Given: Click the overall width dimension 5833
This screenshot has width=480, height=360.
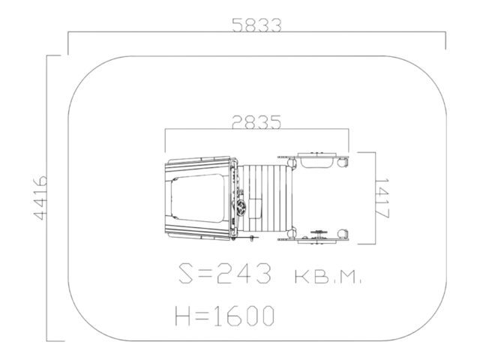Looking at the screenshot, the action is click(x=256, y=25).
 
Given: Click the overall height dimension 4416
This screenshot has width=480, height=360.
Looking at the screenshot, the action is click(x=40, y=198).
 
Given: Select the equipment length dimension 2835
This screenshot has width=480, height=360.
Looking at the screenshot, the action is click(x=256, y=122).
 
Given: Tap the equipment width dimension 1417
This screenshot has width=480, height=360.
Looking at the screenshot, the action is click(x=382, y=198).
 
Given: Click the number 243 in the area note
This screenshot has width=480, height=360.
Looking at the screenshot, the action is click(x=244, y=274).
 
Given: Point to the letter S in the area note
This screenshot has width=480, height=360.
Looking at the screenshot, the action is click(x=187, y=274).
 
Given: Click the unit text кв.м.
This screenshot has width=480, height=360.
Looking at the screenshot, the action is click(x=328, y=277).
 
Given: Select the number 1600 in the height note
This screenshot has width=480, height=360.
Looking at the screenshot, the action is click(x=243, y=316).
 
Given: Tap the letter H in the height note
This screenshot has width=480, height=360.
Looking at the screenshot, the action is click(x=183, y=316).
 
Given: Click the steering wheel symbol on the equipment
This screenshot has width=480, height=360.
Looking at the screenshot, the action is click(x=241, y=208).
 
